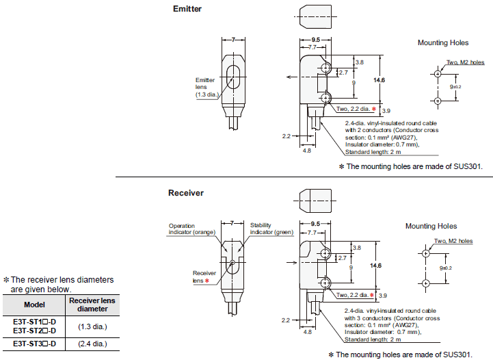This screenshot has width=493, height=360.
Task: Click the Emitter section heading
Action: click(187, 9)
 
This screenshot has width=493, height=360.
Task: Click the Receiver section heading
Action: click(186, 193)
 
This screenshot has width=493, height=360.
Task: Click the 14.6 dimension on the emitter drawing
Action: click(379, 80)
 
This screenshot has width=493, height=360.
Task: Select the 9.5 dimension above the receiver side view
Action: click(315, 224)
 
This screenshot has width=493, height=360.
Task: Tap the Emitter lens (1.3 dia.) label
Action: click(206, 87)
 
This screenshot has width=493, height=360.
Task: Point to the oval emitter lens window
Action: click(233, 77)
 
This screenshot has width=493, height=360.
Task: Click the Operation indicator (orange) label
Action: click(191, 229)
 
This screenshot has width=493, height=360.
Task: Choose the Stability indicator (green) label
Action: click(271, 229)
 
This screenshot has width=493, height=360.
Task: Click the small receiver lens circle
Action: click(232, 262)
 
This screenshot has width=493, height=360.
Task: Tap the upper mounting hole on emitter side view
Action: click(326, 68)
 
